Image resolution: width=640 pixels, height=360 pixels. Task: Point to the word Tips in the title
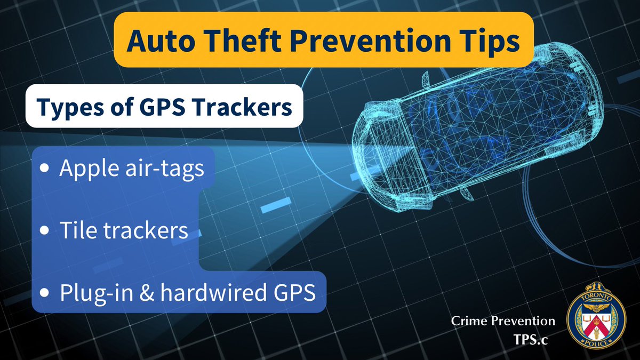click(487, 42)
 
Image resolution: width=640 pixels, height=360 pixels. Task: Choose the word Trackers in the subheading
click(244, 107)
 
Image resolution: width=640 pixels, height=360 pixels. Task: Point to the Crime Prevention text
click(503, 321)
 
